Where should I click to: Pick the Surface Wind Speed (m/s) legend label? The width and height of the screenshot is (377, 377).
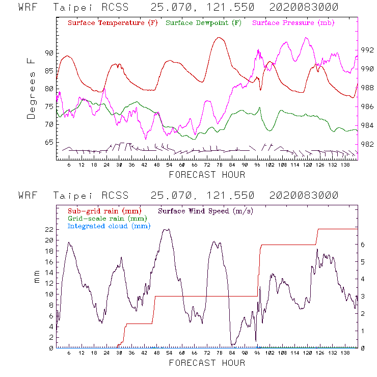click(x=206, y=210)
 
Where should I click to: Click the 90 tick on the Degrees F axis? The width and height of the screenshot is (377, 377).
click(x=49, y=53)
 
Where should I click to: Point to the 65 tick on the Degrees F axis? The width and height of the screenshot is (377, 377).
click(x=49, y=142)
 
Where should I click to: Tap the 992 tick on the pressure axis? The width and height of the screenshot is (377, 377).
click(x=368, y=50)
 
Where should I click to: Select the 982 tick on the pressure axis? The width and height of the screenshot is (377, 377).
click(x=368, y=144)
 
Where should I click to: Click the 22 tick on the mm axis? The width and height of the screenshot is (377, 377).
click(x=49, y=229)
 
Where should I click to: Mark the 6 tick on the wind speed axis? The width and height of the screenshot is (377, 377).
click(x=362, y=244)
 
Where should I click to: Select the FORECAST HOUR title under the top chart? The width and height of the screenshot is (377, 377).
click(x=207, y=175)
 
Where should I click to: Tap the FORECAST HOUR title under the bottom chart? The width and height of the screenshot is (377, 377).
click(x=207, y=363)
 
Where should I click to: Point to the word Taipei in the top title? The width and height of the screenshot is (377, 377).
click(x=71, y=8)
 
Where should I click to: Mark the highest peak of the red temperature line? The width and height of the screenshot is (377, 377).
click(x=219, y=37)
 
